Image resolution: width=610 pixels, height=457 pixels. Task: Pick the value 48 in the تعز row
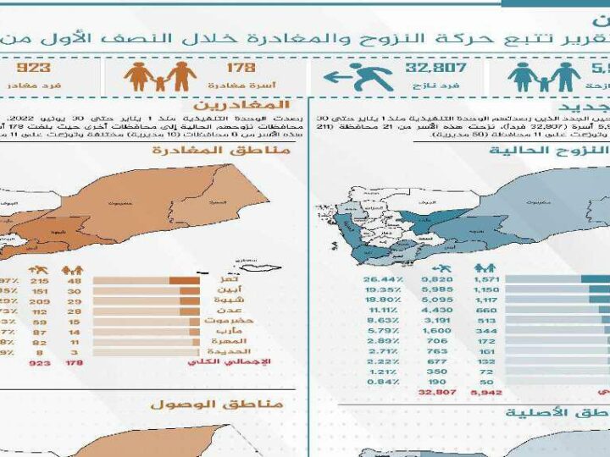point(74,279)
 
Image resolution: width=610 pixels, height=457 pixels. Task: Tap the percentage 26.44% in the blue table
point(380,279)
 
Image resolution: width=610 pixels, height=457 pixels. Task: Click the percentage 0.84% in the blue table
point(381,381)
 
